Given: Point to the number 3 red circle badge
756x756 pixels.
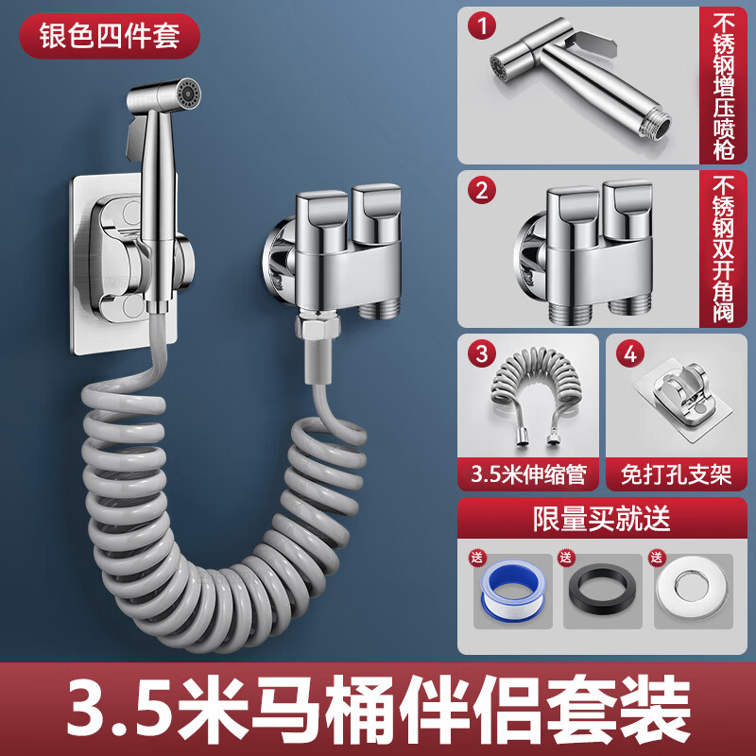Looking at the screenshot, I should pyautogui.click(x=482, y=354).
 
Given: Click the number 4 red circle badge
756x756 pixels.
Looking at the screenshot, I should pyautogui.click(x=630, y=354).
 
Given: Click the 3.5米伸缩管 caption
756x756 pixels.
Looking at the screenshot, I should pyautogui.click(x=528, y=472).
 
